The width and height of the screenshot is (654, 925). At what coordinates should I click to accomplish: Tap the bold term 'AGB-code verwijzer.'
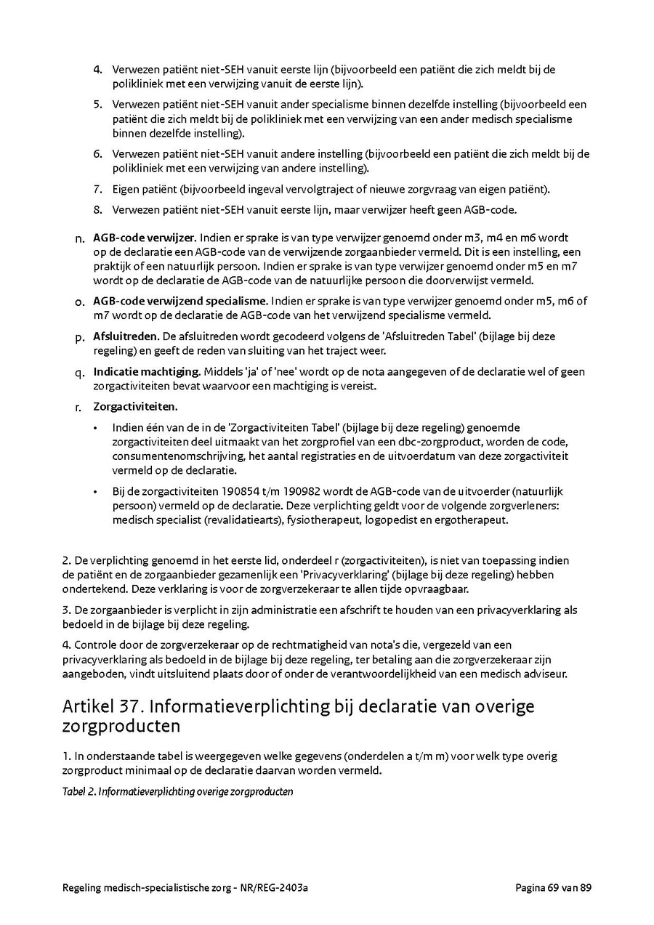click(144, 238)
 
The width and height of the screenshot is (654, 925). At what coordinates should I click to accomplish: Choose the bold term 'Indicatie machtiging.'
click(147, 372)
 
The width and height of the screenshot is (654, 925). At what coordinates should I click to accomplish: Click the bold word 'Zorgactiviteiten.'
click(135, 407)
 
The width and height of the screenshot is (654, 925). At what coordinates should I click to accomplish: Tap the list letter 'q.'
click(80, 373)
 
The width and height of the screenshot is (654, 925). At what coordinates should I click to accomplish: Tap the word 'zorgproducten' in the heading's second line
click(121, 726)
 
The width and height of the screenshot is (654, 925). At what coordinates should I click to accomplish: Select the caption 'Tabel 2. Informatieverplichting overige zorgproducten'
click(178, 791)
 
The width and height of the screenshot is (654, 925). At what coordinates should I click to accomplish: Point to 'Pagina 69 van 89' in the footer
click(553, 887)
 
